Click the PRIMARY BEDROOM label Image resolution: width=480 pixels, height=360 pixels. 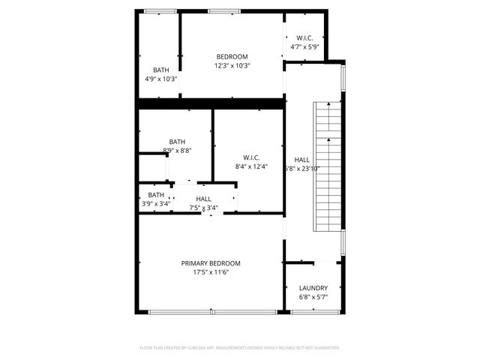point(210,263)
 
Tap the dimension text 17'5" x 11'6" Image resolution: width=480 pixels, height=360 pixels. point(210,273)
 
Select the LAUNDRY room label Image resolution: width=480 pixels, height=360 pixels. point(313,288)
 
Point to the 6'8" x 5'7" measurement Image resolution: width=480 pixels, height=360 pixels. point(313,298)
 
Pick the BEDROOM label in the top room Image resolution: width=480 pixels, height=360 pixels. point(232,56)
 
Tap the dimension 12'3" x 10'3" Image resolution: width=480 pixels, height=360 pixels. point(232,66)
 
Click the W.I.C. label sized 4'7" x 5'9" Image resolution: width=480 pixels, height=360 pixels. point(304,37)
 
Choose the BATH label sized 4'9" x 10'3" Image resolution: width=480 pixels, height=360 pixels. point(161,70)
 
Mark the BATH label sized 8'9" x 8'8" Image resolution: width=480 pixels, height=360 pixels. point(177,141)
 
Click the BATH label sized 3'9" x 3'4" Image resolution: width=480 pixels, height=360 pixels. point(156,195)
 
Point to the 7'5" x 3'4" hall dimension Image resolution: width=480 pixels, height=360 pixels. point(203,208)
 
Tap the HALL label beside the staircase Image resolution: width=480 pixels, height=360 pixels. point(301,160)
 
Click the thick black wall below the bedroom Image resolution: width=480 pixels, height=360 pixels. point(211,103)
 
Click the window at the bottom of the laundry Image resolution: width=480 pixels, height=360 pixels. point(313,311)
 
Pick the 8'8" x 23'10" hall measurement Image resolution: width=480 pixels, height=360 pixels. point(301,169)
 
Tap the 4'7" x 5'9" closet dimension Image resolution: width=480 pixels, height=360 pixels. point(304,46)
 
